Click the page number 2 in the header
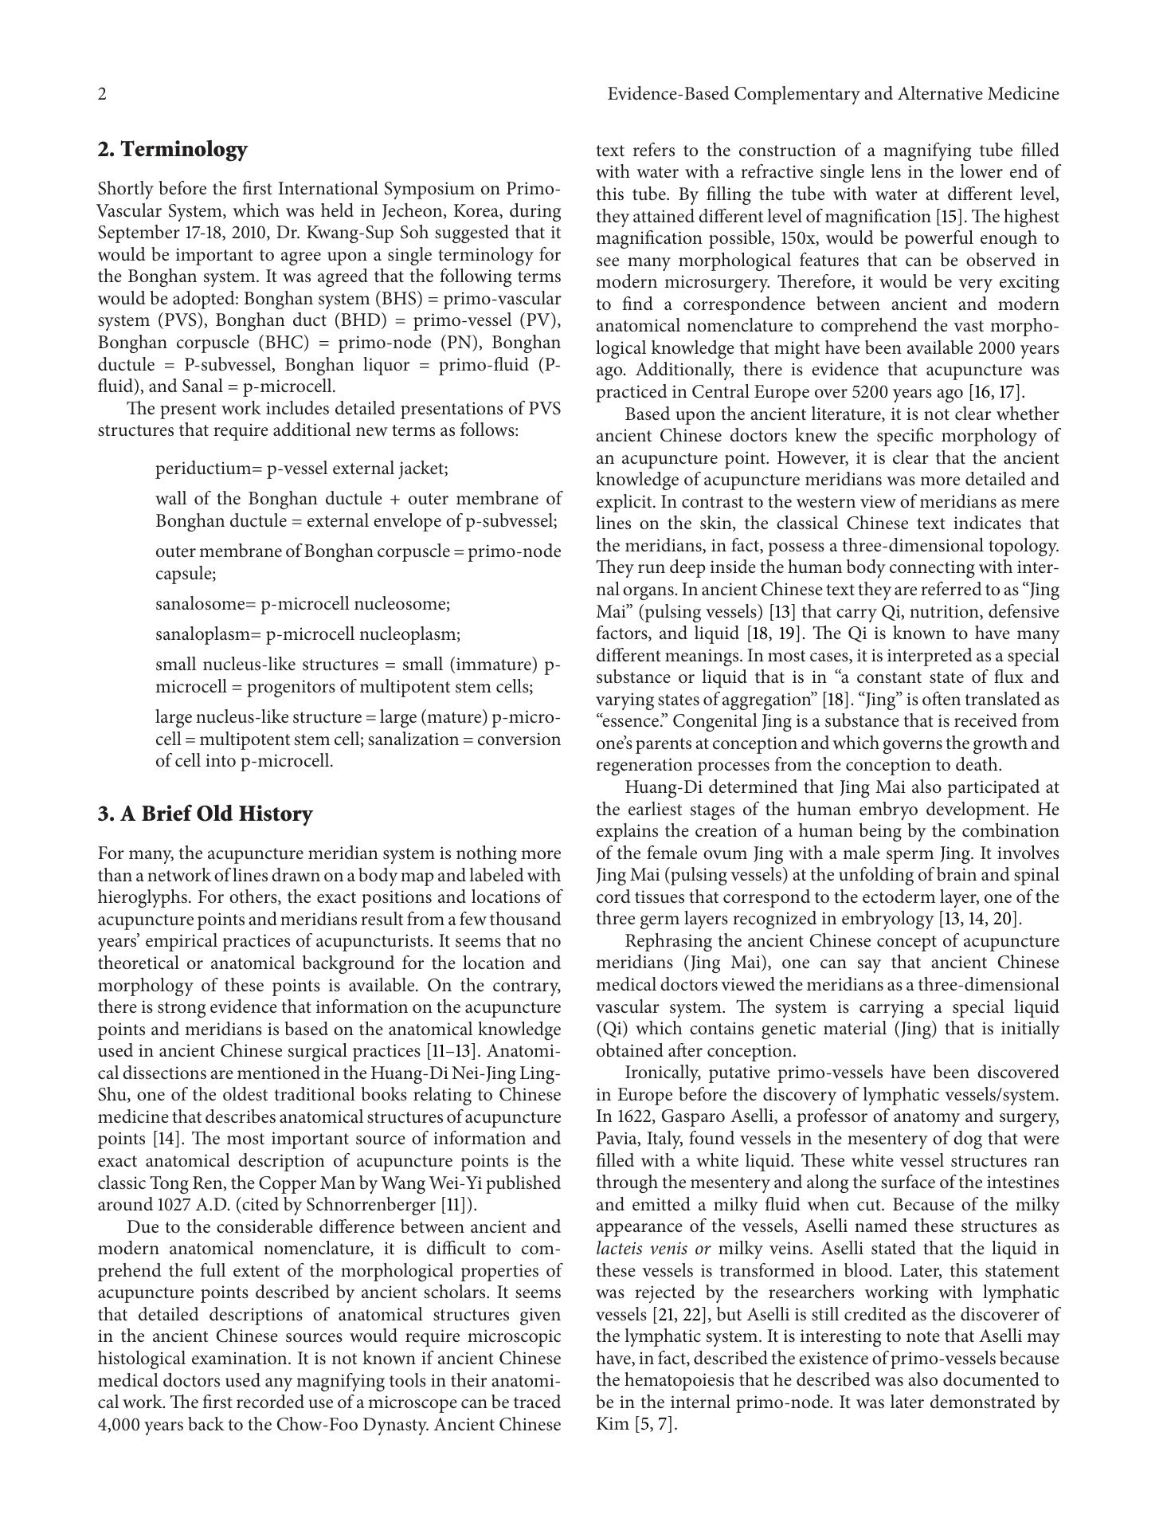(x=102, y=95)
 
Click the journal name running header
(x=832, y=95)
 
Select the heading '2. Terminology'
(x=172, y=150)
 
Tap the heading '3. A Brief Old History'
(x=205, y=814)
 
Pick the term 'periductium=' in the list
(x=209, y=468)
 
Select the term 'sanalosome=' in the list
(x=206, y=603)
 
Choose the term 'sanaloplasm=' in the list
(x=208, y=634)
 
